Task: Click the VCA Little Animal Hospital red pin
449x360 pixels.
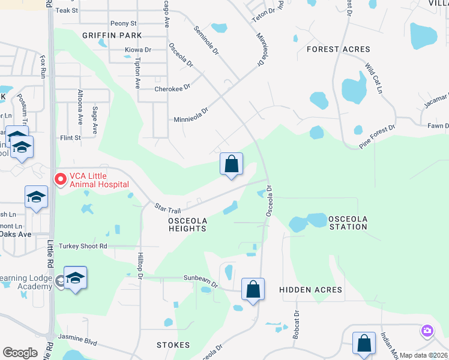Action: tap(60, 179)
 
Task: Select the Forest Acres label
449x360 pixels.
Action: tap(339, 49)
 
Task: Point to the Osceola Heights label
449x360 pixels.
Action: tap(187, 225)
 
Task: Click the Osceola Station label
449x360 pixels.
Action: tap(348, 223)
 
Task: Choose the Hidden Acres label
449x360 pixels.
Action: tap(311, 290)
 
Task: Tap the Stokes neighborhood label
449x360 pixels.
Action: tap(173, 345)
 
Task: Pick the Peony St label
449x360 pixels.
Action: tap(124, 23)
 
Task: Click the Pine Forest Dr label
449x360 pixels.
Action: tap(378, 136)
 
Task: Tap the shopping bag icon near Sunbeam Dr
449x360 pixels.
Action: tap(253, 289)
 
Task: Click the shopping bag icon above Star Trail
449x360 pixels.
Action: tap(231, 164)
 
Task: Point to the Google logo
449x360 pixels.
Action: tap(20, 353)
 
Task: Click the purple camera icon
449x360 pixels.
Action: tap(427, 331)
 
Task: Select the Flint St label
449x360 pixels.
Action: tap(70, 138)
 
